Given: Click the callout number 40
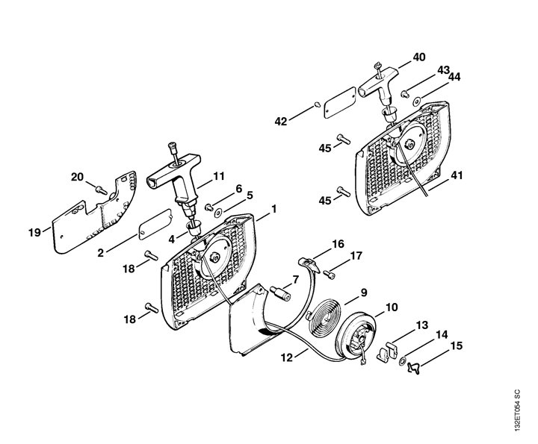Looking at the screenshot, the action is pyautogui.click(x=418, y=57).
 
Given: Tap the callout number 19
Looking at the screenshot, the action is pyautogui.click(x=34, y=232).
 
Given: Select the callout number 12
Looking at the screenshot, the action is pyautogui.click(x=287, y=357).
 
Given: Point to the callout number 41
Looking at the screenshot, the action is pyautogui.click(x=457, y=175).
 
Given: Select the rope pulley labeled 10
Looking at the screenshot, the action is pyautogui.click(x=356, y=337).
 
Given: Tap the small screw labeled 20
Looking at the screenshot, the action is pyautogui.click(x=101, y=189).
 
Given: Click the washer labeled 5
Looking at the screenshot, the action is pyautogui.click(x=218, y=213).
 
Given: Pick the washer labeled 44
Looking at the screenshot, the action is pyautogui.click(x=417, y=101).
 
